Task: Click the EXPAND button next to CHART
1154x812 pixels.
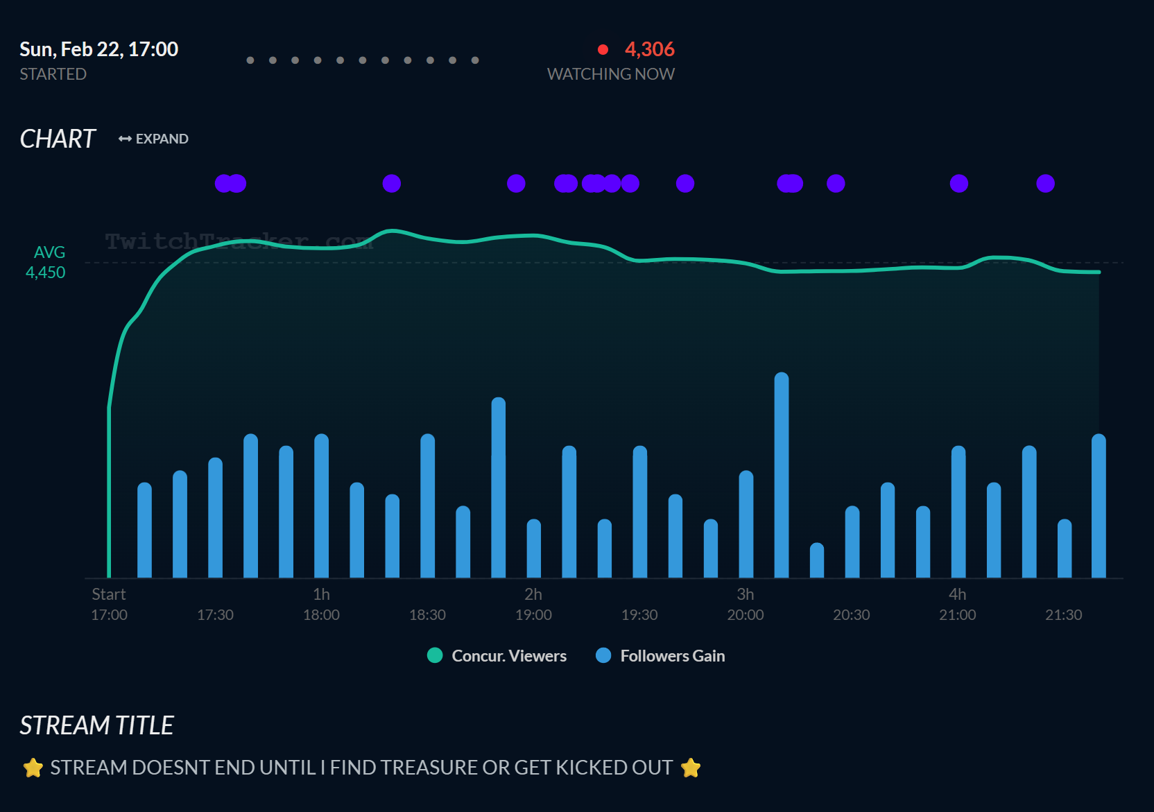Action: point(153,139)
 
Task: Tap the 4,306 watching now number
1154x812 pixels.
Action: point(649,49)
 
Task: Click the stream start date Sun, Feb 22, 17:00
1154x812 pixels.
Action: point(99,49)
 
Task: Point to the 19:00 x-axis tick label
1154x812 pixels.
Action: point(533,615)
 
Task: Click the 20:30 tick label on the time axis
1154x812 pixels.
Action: point(851,615)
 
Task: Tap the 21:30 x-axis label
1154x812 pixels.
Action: point(1063,615)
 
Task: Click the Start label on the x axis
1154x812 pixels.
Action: point(109,594)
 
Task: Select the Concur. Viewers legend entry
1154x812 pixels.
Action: point(497,655)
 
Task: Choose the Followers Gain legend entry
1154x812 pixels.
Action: point(660,655)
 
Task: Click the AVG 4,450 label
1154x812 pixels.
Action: point(47,263)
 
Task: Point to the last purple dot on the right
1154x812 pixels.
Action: point(1045,183)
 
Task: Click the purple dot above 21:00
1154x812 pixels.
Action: point(958,183)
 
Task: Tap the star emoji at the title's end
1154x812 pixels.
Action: point(691,768)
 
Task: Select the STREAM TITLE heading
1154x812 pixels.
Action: point(96,725)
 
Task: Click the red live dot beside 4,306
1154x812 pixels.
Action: point(603,49)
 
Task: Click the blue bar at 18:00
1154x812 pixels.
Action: point(321,506)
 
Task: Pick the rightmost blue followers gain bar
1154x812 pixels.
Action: point(1099,506)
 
